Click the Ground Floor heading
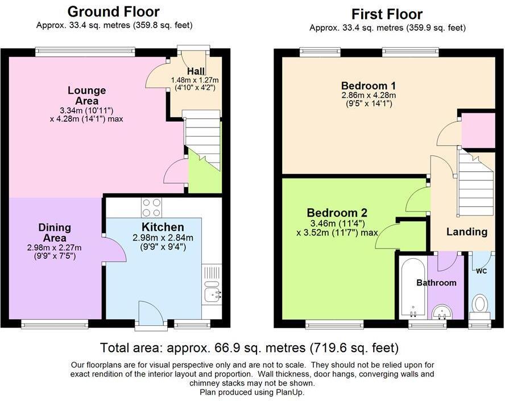pyautogui.click(x=113, y=12)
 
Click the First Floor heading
pyautogui.click(x=387, y=14)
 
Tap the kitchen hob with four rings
pyautogui.click(x=152, y=207)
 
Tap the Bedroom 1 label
pyautogui.click(x=369, y=86)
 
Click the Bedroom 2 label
pyautogui.click(x=337, y=213)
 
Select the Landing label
pyautogui.click(x=467, y=232)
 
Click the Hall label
pyautogui.click(x=196, y=71)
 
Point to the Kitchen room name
pyautogui.click(x=163, y=227)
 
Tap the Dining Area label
pyautogui.click(x=55, y=233)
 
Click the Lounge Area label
pyautogui.click(x=86, y=96)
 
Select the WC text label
pyautogui.click(x=481, y=271)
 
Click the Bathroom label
pyautogui.click(x=436, y=283)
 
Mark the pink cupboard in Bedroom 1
pyautogui.click(x=478, y=130)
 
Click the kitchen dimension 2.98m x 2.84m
pyautogui.click(x=163, y=238)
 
